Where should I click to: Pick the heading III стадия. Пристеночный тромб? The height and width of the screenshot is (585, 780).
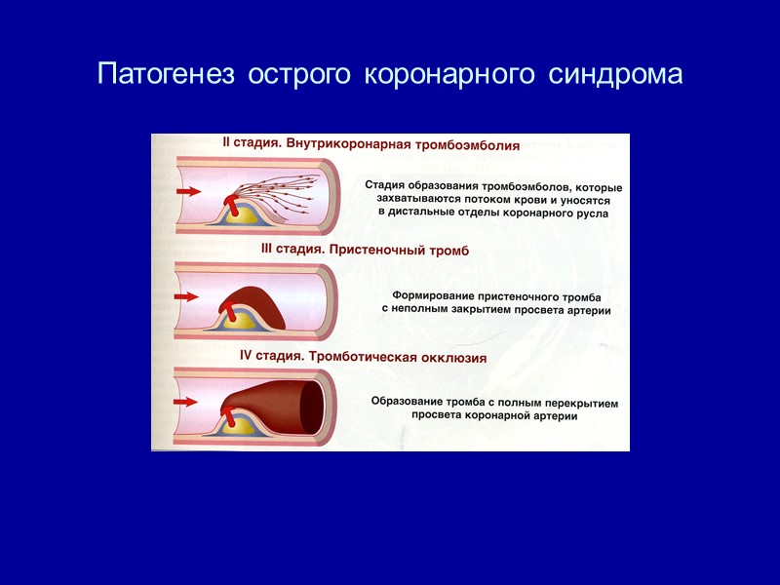pos(365,250)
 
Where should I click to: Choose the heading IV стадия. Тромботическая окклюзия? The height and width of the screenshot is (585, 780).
pos(363,357)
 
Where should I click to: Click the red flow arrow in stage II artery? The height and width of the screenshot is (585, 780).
pos(189,193)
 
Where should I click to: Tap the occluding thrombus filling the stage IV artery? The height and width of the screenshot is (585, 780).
pos(283,400)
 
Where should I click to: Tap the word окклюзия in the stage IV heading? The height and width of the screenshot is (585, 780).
pos(452,357)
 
